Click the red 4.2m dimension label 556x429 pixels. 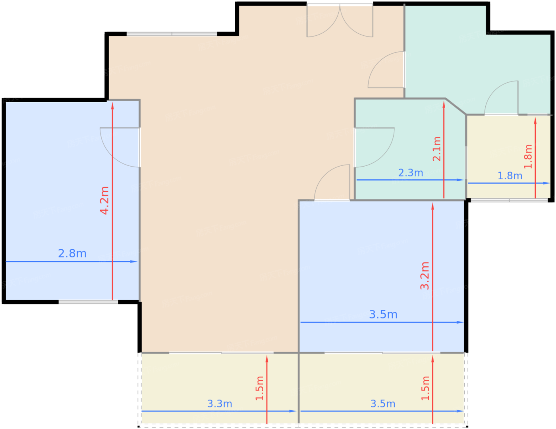[104, 200]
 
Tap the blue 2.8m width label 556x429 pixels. [72, 254]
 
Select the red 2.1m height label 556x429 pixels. [437, 149]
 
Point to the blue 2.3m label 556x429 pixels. [410, 173]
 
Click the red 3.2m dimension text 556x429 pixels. [425, 276]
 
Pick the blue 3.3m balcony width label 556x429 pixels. [220, 404]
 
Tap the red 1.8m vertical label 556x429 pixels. [528, 157]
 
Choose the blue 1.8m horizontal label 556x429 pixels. [510, 176]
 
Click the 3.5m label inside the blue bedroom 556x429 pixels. [383, 314]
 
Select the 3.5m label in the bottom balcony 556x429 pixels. [383, 404]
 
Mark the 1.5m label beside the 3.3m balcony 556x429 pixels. [259, 388]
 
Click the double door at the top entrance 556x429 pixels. [340, 21]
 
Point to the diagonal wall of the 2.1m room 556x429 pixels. [456, 106]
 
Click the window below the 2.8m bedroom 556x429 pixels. [88, 302]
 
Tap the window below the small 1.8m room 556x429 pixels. [509, 200]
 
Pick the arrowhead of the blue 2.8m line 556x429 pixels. [134, 262]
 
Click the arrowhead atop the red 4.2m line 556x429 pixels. [112, 106]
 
